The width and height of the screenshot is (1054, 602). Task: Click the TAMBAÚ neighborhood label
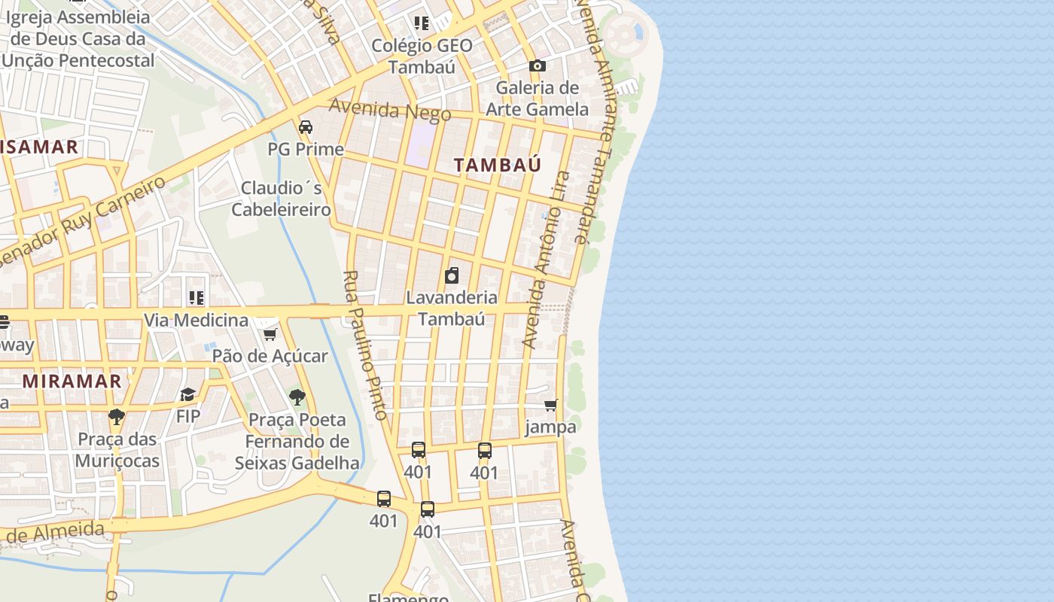pos(498,165)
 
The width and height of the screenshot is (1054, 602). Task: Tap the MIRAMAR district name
pos(72,381)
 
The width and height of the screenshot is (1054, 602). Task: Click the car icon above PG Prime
pos(306,126)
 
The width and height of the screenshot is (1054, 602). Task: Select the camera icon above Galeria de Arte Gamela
pos(537,66)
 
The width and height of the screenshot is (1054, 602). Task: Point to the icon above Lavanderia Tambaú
pos(452,275)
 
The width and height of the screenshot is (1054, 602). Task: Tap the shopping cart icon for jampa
pos(551,406)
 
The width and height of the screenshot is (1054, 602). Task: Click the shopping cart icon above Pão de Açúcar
pos(270,334)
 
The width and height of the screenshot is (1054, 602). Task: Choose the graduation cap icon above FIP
pos(187,395)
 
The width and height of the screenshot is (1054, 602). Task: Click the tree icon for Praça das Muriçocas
pos(117,417)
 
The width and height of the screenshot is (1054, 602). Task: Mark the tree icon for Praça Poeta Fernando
pos(297,397)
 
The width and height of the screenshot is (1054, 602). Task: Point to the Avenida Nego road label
pos(390,110)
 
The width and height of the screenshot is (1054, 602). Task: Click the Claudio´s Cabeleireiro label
pos(281,199)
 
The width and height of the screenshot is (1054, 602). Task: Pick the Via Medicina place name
pos(196,321)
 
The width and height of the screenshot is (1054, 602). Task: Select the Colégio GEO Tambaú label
pos(422,56)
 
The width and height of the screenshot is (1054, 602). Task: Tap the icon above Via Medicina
pos(196,298)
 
